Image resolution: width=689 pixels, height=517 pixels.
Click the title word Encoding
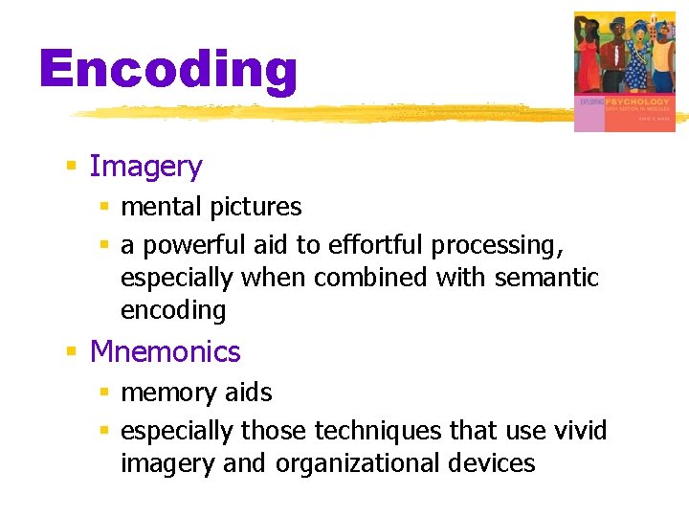168,71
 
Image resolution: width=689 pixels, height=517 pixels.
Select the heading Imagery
145,167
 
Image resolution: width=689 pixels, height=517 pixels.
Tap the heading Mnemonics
165,352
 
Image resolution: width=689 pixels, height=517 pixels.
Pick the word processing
497,246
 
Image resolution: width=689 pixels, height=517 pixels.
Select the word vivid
580,431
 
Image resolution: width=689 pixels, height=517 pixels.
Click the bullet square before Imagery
71,167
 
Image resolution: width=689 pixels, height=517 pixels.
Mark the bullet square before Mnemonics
71,352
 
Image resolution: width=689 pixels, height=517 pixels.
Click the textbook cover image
624,71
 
